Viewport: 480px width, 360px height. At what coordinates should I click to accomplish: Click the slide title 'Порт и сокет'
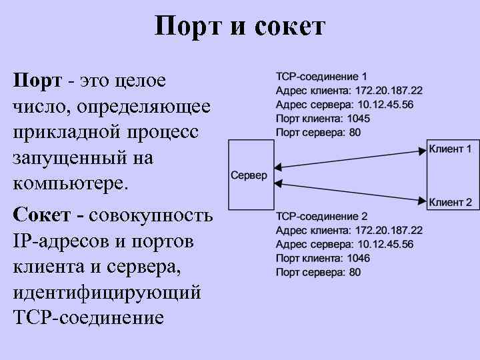pos(239,27)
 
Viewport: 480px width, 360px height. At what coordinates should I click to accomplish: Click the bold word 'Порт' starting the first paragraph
pos(37,81)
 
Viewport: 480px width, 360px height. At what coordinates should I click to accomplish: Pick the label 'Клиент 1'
pos(450,149)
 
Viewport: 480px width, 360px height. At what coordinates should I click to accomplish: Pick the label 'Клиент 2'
pos(450,202)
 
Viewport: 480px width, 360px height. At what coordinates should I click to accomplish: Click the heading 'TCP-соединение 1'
pos(321,77)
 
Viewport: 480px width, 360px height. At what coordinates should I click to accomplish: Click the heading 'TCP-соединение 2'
pos(321,217)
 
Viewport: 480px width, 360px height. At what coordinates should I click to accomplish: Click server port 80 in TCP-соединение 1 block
pos(355,133)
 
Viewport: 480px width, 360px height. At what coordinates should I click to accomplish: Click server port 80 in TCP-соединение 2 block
pos(355,272)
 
